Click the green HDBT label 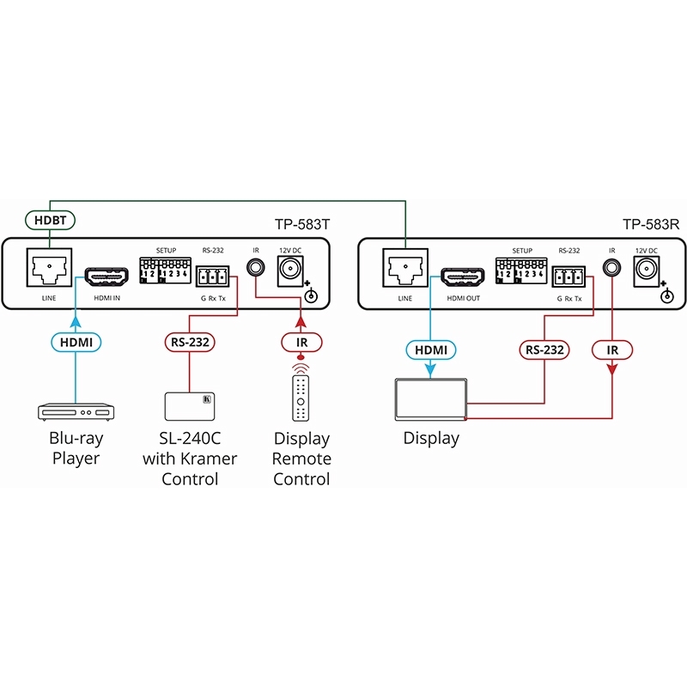(x=49, y=220)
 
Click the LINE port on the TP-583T (x=48, y=269)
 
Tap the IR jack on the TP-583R (x=611, y=267)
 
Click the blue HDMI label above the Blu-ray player (x=76, y=341)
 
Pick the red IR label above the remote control (x=300, y=341)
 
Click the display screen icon (x=430, y=399)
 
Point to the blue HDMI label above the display (x=431, y=350)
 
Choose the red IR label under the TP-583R (x=611, y=350)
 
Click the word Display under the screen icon (x=431, y=438)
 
